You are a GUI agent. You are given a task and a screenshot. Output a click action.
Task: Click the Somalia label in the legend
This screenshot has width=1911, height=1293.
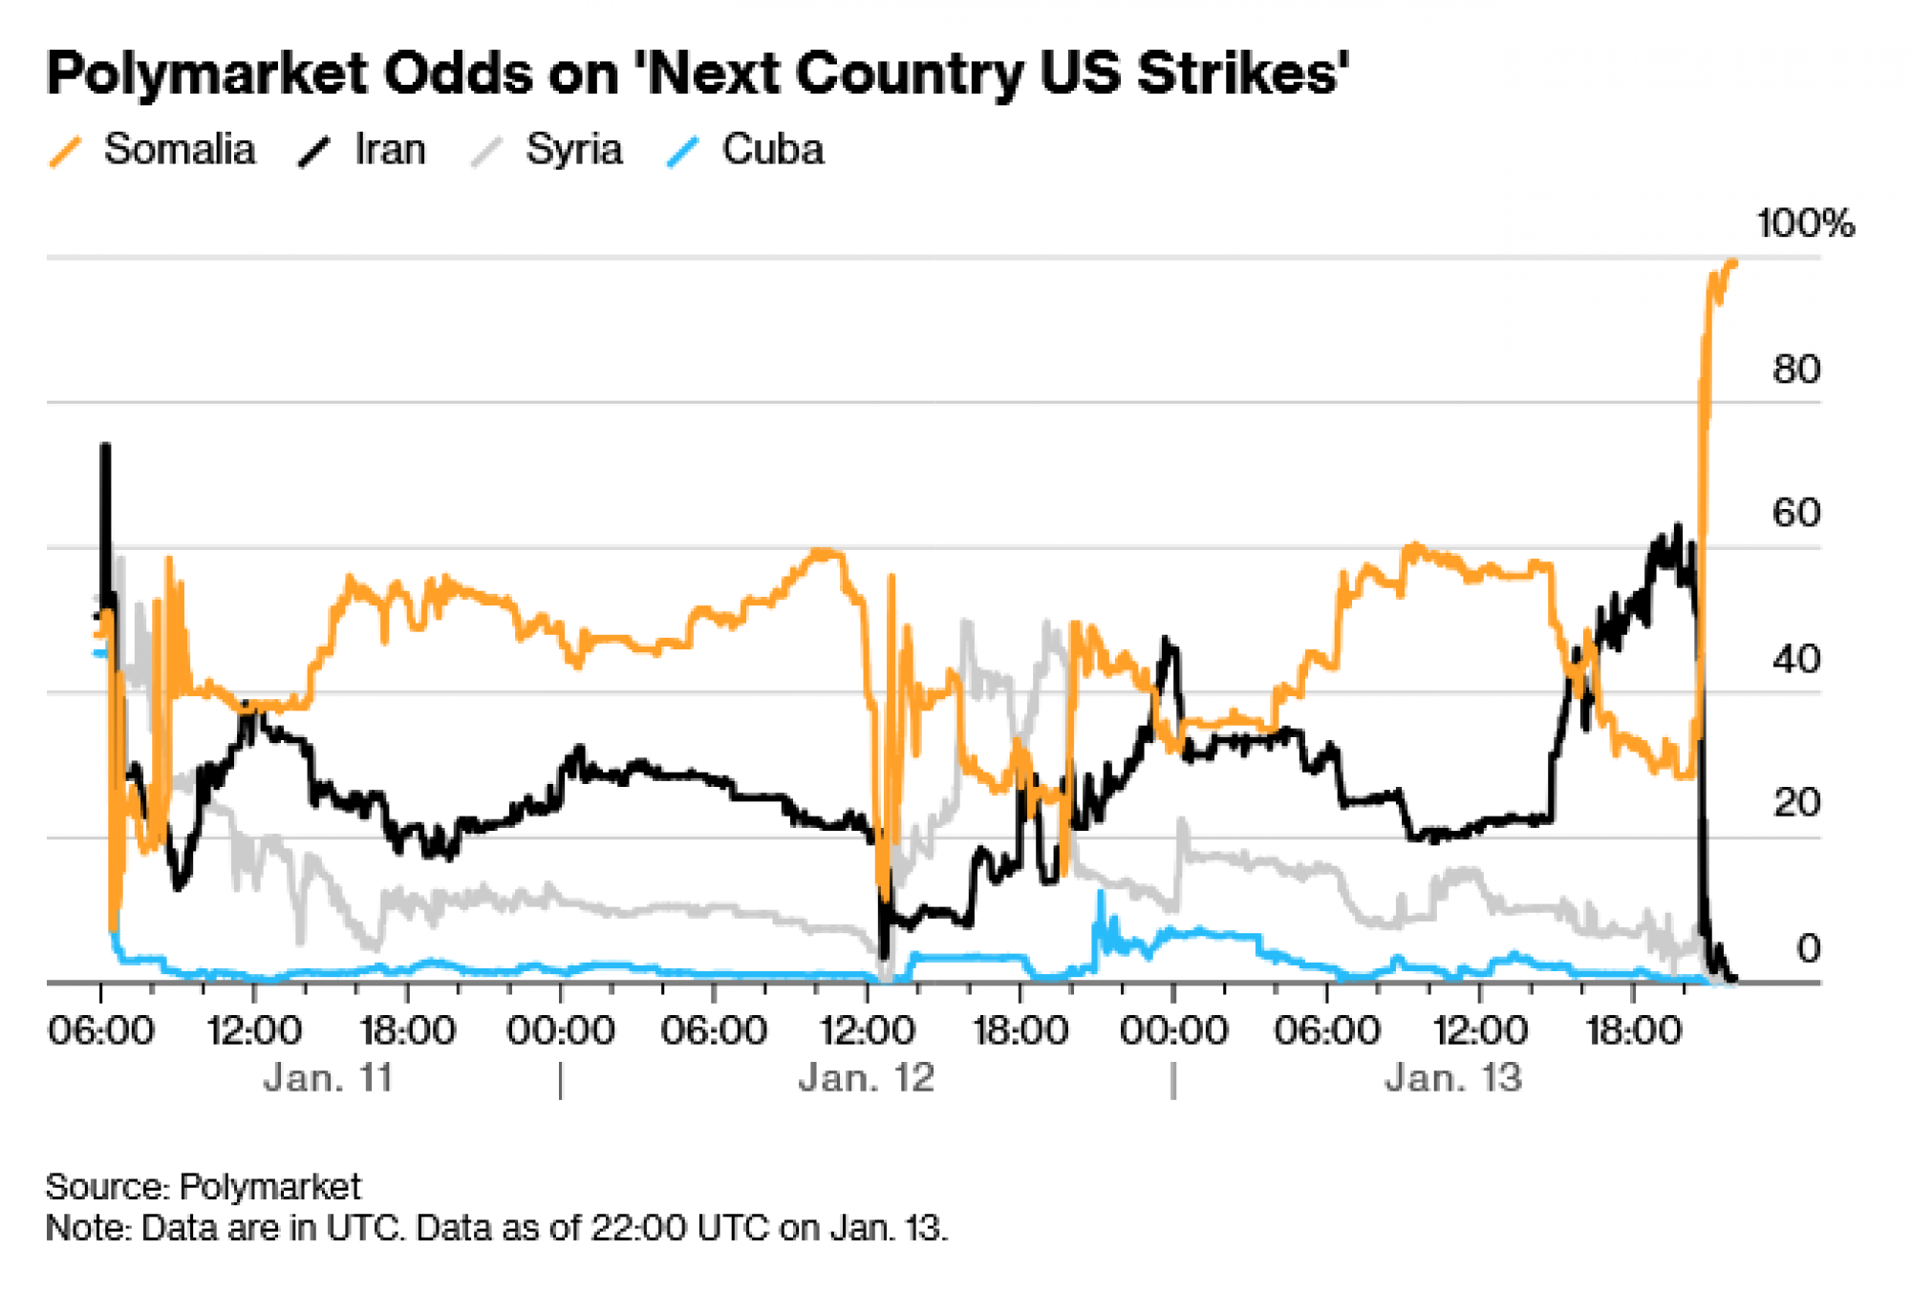tap(180, 150)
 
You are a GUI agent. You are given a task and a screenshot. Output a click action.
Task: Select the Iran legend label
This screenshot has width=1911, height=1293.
tap(390, 150)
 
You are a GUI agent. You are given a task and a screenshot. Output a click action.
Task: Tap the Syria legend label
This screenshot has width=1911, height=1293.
tap(573, 150)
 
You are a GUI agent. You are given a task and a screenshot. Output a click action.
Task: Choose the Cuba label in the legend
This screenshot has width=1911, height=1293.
tap(772, 150)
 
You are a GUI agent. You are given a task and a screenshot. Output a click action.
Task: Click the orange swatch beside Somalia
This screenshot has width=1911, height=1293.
tap(65, 152)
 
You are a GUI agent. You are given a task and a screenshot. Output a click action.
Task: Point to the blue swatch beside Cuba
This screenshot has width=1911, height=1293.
tap(683, 152)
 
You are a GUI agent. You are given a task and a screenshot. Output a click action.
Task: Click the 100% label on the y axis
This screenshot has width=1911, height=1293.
tap(1805, 223)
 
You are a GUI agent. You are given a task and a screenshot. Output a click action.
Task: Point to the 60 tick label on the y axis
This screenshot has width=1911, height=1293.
tap(1795, 514)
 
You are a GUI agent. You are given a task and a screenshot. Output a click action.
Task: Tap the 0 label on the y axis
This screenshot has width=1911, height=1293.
tap(1808, 948)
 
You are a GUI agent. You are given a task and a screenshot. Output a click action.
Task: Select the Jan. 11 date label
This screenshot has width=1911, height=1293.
tap(329, 1078)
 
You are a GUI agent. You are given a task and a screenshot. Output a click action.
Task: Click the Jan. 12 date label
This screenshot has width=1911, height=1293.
tap(867, 1078)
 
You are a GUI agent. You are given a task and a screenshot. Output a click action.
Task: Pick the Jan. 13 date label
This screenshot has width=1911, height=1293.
tap(1453, 1078)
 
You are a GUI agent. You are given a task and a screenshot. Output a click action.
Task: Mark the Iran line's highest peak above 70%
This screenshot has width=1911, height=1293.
tap(105, 446)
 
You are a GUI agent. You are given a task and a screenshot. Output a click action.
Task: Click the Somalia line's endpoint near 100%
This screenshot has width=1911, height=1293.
tap(1733, 261)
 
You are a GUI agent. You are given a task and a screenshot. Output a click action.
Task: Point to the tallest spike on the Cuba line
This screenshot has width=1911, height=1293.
tap(1101, 894)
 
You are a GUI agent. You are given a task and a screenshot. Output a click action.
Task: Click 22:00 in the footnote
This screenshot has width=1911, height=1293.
tap(632, 1227)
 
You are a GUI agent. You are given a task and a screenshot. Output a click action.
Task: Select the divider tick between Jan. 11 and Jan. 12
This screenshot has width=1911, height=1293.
tap(561, 1081)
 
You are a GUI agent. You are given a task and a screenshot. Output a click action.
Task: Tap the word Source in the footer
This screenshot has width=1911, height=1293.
tap(106, 1187)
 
